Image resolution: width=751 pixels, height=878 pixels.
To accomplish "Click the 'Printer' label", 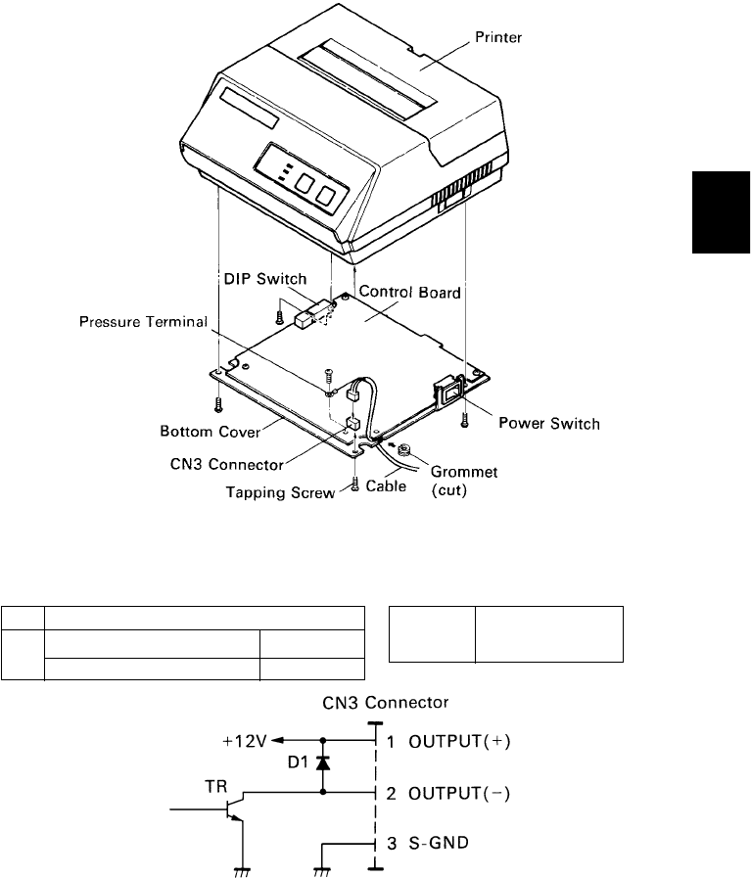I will click(x=527, y=38).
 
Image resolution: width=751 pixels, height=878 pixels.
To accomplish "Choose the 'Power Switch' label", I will click(x=549, y=424).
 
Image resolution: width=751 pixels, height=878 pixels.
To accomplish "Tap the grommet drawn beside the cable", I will click(x=403, y=452).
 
